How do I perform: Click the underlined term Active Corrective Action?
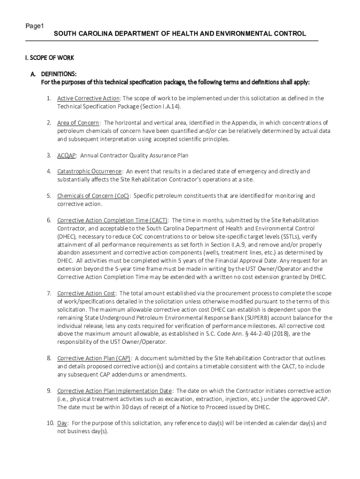(89, 98)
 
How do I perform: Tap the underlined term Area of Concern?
(78, 123)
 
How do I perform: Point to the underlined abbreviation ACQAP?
(67, 155)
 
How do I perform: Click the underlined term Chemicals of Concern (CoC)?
(93, 196)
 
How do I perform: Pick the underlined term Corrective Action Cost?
(86, 293)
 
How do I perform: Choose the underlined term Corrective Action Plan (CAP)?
(94, 358)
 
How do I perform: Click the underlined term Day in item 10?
(62, 423)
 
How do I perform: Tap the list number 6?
(49, 220)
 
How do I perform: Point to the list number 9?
(49, 391)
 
